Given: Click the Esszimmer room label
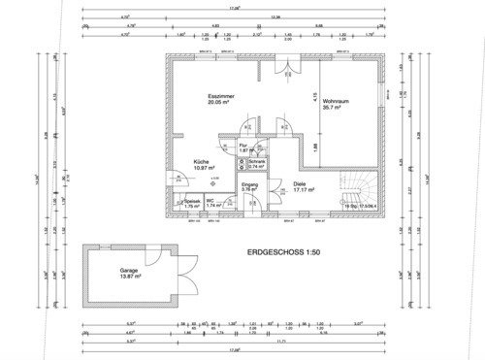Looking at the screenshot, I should (x=219, y=98).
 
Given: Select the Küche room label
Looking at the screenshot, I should (x=201, y=162).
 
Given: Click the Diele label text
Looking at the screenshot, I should (x=300, y=182).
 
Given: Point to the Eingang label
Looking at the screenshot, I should (x=249, y=183).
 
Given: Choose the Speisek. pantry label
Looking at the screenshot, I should (x=191, y=201).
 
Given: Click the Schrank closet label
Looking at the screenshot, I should (x=256, y=161).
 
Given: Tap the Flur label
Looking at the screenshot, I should (x=243, y=145).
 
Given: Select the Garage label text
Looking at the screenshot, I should (x=128, y=271).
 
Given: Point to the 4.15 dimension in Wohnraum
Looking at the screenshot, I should (x=314, y=96).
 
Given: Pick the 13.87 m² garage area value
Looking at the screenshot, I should (x=131, y=278).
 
